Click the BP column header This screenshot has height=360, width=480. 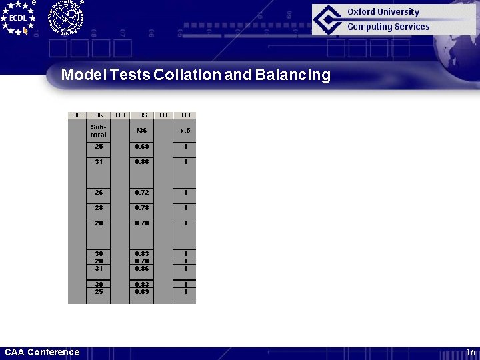[x=77, y=115]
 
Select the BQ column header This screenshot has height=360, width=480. [x=99, y=115]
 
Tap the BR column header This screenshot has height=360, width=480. [x=120, y=115]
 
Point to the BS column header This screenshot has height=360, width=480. [x=142, y=115]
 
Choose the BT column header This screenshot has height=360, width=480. [x=164, y=115]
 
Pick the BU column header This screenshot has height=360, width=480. [x=185, y=115]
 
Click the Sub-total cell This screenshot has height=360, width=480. [x=99, y=131]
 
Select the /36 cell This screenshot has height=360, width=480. [x=142, y=131]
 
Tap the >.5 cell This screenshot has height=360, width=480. [x=185, y=131]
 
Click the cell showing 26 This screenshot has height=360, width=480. [x=99, y=193]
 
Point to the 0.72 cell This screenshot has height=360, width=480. [x=142, y=193]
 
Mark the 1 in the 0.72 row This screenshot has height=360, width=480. [x=185, y=193]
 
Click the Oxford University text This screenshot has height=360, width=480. [x=383, y=12]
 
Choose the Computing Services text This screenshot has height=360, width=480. [x=388, y=27]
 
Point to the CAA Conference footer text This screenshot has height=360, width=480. [x=42, y=353]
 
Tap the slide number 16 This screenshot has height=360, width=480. [x=470, y=353]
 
